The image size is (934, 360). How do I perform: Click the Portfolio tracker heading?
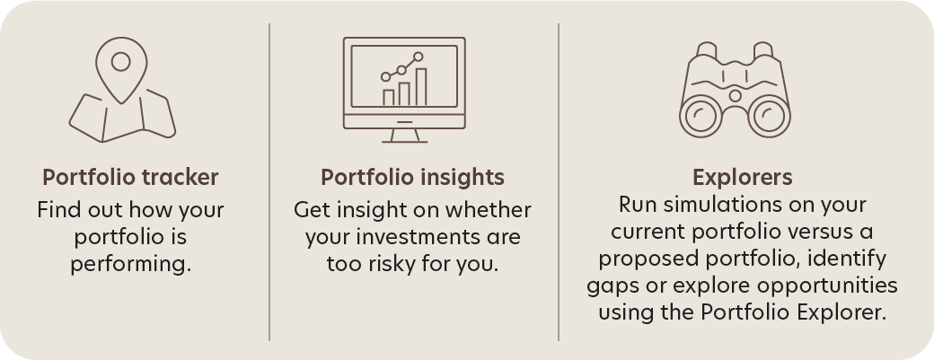coord(130,178)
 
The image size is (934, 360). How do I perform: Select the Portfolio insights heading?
coord(412,178)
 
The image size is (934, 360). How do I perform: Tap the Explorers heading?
coord(742,178)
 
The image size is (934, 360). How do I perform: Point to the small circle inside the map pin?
coord(121,61)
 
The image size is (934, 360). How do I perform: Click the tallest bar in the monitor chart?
coord(421,87)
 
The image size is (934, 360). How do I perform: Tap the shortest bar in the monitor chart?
coord(388,98)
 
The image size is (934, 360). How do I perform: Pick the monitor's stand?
coord(404,136)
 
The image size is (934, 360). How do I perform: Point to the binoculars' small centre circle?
coord(735,96)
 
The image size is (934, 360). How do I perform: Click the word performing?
coord(131,264)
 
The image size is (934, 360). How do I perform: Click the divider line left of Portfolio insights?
coord(269,182)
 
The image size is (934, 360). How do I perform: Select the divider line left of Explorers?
coord(558,182)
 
